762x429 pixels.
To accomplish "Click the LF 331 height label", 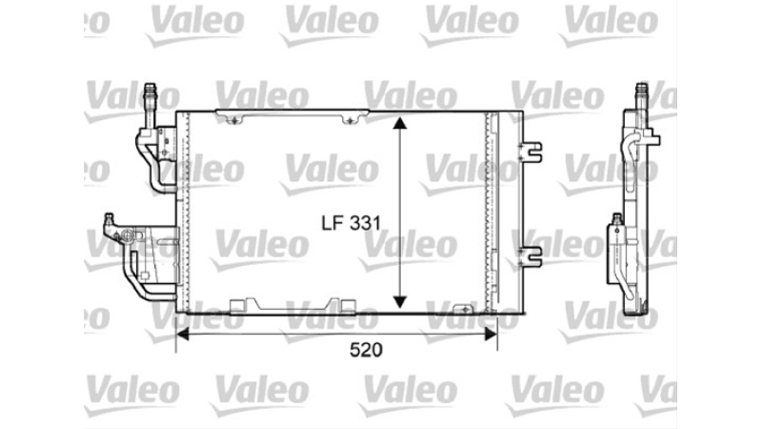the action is click(x=351, y=223).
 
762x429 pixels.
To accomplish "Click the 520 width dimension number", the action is click(x=366, y=350).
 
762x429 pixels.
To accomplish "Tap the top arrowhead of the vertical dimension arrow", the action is click(x=399, y=122).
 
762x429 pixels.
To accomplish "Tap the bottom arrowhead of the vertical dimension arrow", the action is click(x=399, y=302).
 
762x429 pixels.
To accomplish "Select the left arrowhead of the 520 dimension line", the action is click(x=182, y=334).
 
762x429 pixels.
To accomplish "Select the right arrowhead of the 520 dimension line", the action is click(x=491, y=334).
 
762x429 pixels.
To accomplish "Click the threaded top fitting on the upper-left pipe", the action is click(x=150, y=92).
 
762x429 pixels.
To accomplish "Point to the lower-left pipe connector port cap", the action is click(x=110, y=217).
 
